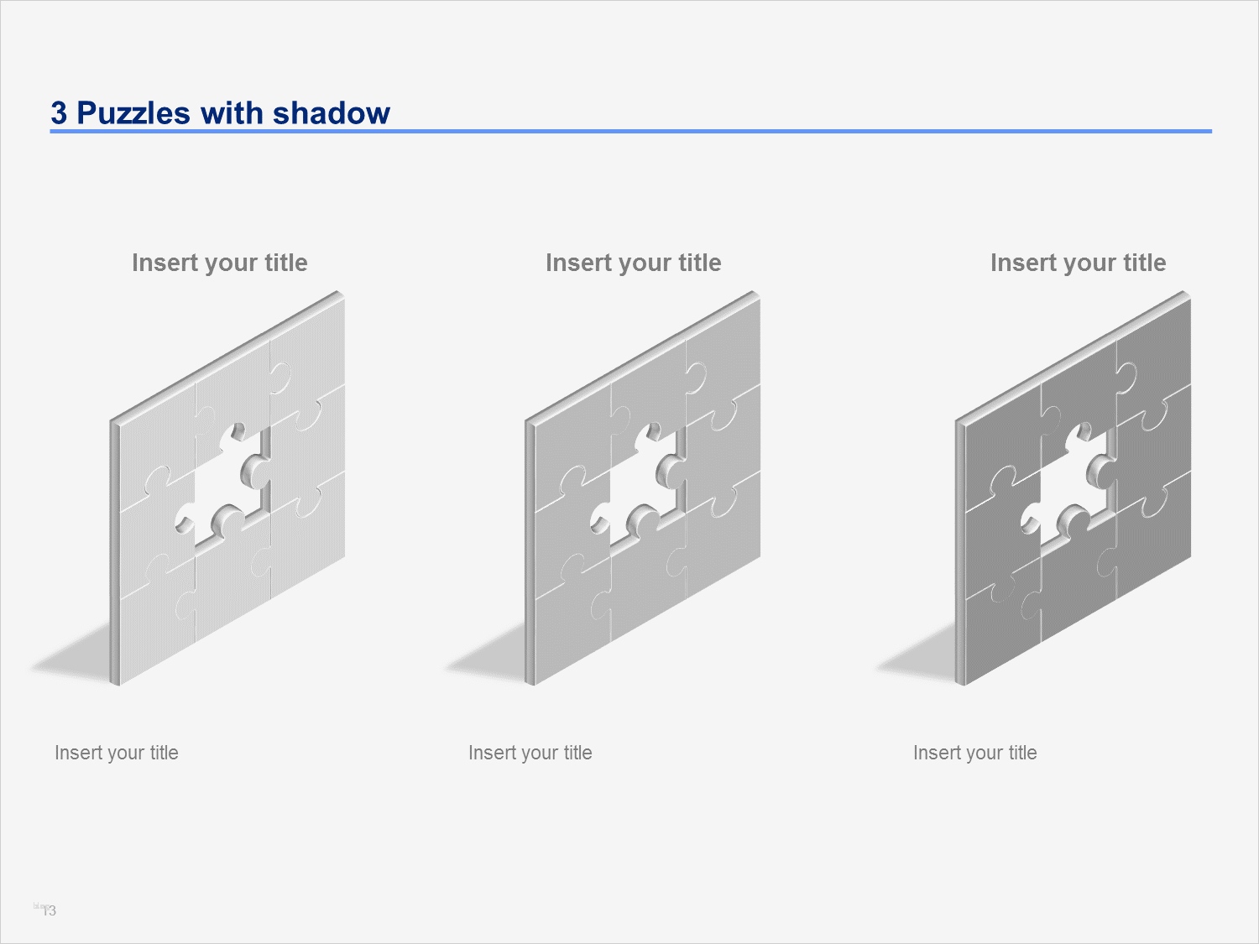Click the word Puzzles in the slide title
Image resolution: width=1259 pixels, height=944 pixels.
133,113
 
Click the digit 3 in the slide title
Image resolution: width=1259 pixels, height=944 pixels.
59,113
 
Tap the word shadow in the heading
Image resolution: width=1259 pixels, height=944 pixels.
332,112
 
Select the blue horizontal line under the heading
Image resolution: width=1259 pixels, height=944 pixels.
631,131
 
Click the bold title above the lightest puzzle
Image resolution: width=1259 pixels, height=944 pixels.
220,263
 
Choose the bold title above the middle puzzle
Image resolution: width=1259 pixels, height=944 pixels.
633,263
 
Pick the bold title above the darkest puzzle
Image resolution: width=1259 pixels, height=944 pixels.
1079,263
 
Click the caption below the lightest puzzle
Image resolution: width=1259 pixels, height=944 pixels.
117,753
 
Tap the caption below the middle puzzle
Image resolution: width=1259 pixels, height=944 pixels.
530,753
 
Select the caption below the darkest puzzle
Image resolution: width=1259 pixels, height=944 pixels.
975,753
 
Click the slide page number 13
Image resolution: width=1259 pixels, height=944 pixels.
50,910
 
